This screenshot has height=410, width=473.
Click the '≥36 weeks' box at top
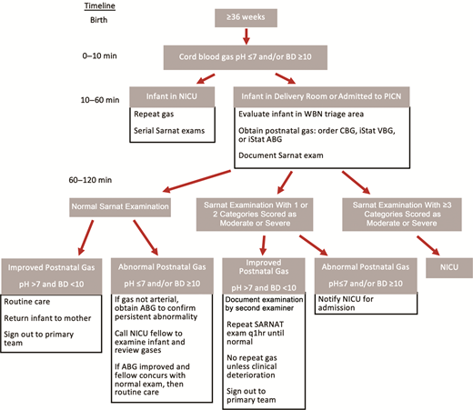[x=245, y=17]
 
